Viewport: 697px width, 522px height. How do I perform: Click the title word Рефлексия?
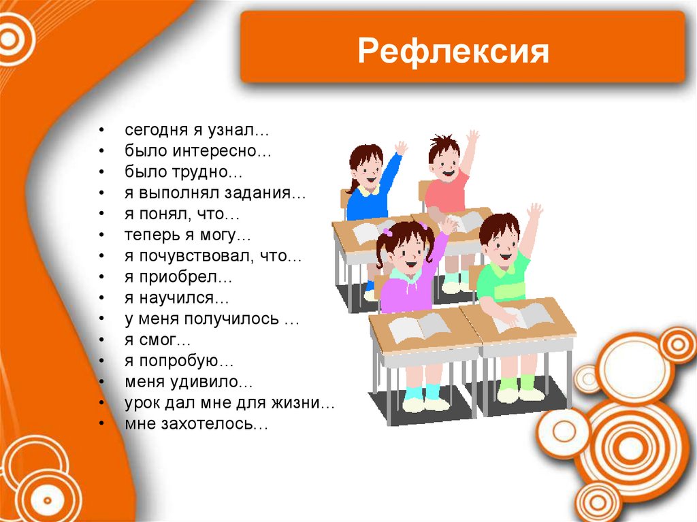tap(453, 52)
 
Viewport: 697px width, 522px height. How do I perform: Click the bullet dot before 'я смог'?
tap(100, 340)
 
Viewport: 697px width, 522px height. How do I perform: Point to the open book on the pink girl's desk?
tap(417, 327)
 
